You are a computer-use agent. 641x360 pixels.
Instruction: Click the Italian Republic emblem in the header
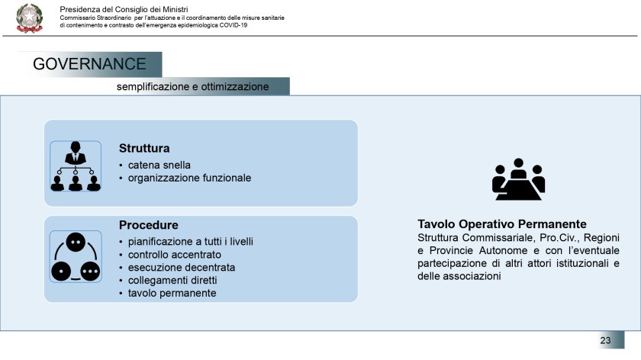[x=29, y=18]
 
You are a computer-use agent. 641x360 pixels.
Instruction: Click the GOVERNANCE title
[x=89, y=64]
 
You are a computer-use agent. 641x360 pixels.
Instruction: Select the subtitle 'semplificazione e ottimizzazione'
[x=192, y=87]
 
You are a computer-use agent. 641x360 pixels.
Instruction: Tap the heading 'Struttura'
[x=144, y=147]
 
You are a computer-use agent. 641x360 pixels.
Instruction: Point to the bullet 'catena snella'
[x=159, y=165]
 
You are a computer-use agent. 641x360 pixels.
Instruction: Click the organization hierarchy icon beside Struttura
[x=75, y=165]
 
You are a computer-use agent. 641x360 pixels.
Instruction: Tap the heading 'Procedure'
[x=148, y=225]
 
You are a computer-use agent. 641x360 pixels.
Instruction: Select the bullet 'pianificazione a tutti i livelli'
[x=191, y=242]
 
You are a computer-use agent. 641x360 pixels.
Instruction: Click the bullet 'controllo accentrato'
[x=174, y=255]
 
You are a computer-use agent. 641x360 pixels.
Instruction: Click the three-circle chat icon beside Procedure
[x=75, y=256]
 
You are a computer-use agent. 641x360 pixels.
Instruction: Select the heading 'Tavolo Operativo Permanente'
[x=501, y=224]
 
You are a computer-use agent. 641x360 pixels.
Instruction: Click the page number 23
[x=605, y=340]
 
